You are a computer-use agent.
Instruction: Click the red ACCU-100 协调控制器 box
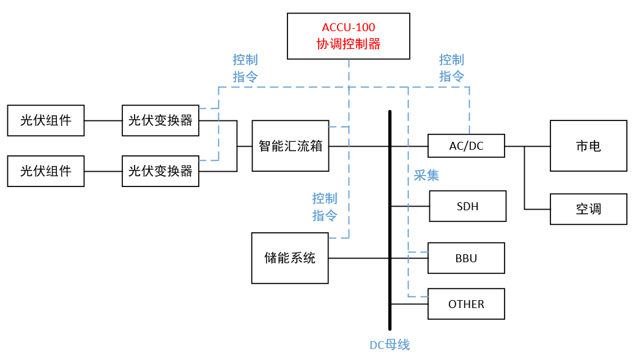pyautogui.click(x=349, y=36)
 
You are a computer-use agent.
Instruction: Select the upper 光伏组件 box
pyautogui.click(x=46, y=120)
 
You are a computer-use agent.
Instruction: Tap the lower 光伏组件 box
pyautogui.click(x=46, y=171)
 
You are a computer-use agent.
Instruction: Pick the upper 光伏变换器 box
pyautogui.click(x=160, y=120)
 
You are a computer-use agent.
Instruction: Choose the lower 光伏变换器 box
pyautogui.click(x=160, y=171)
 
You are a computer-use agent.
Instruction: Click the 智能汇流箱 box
pyautogui.click(x=291, y=146)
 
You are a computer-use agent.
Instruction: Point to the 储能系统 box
pyautogui.click(x=290, y=258)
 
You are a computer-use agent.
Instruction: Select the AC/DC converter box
pyautogui.click(x=466, y=146)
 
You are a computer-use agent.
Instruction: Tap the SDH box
pyautogui.click(x=467, y=206)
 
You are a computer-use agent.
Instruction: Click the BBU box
pyautogui.click(x=466, y=258)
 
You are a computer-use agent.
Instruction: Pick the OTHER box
pyautogui.click(x=466, y=304)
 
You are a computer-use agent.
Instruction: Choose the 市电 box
pyautogui.click(x=588, y=146)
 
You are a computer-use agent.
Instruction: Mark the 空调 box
pyautogui.click(x=588, y=209)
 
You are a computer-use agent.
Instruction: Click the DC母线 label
pyautogui.click(x=390, y=345)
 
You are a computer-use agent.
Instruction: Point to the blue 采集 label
pyautogui.click(x=426, y=175)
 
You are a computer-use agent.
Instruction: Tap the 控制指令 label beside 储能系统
pyautogui.click(x=325, y=207)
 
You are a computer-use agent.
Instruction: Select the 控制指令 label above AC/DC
pyautogui.click(x=451, y=68)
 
